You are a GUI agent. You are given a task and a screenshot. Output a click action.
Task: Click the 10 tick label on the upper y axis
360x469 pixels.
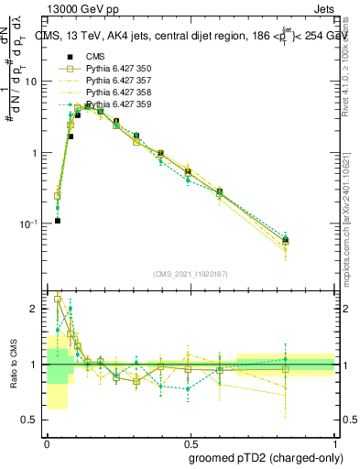coord(31,82)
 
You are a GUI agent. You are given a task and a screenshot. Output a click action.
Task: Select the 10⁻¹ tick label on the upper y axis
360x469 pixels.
coord(29,224)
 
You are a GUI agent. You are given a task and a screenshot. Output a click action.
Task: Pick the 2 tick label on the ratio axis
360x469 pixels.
coord(36,309)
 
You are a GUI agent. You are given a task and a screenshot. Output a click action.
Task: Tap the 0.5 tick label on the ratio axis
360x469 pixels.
coord(32,421)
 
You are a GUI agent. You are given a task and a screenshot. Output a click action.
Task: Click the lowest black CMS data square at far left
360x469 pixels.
coord(57,221)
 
